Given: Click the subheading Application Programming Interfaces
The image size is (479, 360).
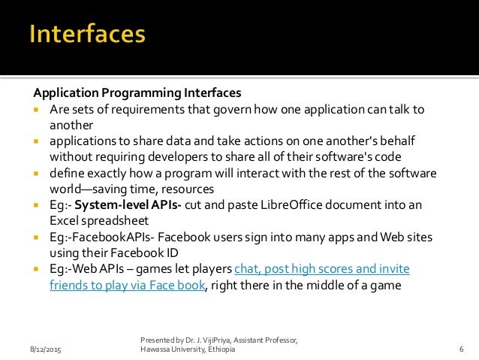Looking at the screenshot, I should (x=137, y=93).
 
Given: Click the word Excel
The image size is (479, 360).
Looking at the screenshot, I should (x=65, y=220).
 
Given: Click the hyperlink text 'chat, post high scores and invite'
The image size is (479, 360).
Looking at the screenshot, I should (x=322, y=268).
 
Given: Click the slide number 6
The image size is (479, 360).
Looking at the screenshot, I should (x=460, y=351).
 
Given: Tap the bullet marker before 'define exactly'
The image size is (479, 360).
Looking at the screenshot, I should (x=37, y=173).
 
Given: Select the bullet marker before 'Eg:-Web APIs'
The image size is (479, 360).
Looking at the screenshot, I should (x=37, y=268).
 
